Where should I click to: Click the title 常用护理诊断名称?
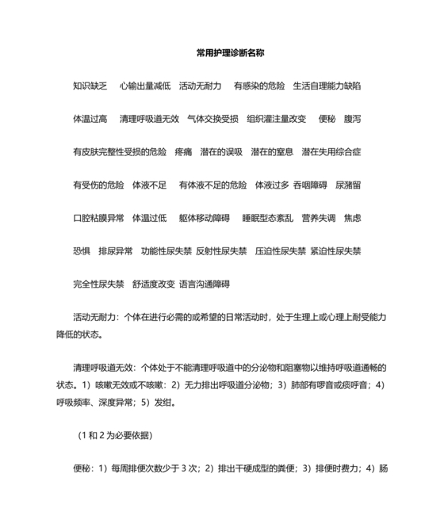[x=230, y=52]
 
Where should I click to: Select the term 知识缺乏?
[x=90, y=86]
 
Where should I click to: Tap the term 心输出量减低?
[x=145, y=86]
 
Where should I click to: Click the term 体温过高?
[x=90, y=119]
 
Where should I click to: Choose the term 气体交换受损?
[x=213, y=119]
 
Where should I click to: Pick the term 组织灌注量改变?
[x=277, y=119]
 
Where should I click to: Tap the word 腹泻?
[x=353, y=119]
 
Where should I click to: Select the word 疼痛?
[x=183, y=151]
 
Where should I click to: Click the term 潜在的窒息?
[x=267, y=151]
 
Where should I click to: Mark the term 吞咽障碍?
[x=310, y=185]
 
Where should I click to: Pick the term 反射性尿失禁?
[x=221, y=251]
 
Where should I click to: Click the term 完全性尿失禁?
[x=98, y=284]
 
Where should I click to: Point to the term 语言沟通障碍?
[x=205, y=284]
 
